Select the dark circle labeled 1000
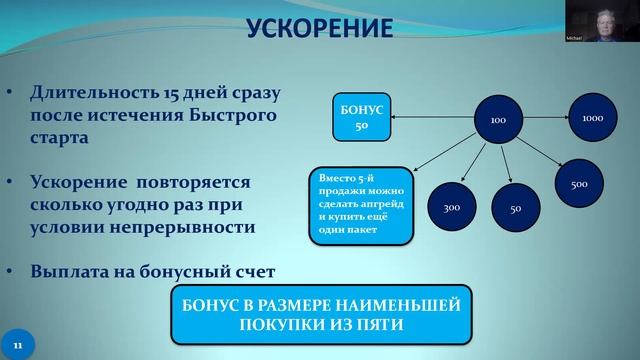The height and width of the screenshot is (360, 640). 591,118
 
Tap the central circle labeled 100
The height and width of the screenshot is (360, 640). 497,121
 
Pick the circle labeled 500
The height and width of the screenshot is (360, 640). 578,185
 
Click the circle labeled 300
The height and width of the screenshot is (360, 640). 450,208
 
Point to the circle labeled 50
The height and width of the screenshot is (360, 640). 515,209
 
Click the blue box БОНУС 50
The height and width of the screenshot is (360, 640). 361,119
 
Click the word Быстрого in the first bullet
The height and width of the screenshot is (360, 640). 225,117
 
